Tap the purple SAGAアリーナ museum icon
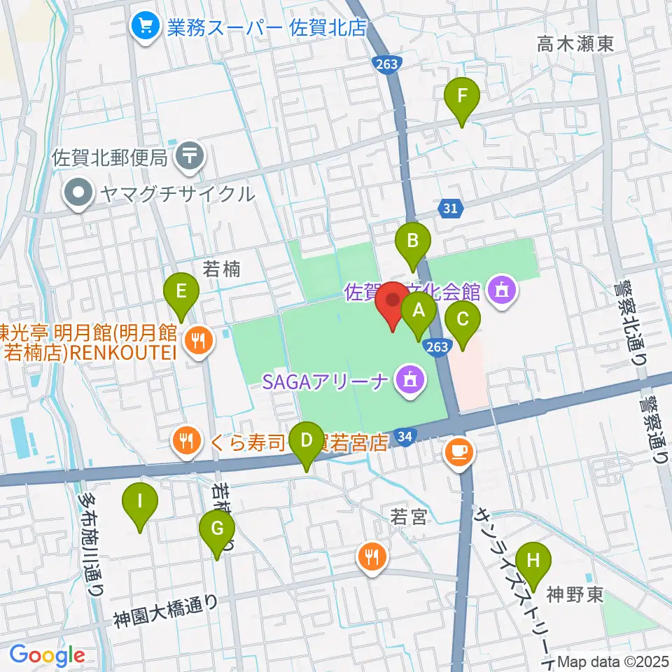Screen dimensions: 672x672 click(408, 381)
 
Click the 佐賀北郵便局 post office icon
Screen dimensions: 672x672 click(190, 155)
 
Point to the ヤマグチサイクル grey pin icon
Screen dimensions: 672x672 click(78, 194)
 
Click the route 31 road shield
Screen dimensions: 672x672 click(451, 207)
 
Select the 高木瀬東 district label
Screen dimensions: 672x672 click(575, 44)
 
